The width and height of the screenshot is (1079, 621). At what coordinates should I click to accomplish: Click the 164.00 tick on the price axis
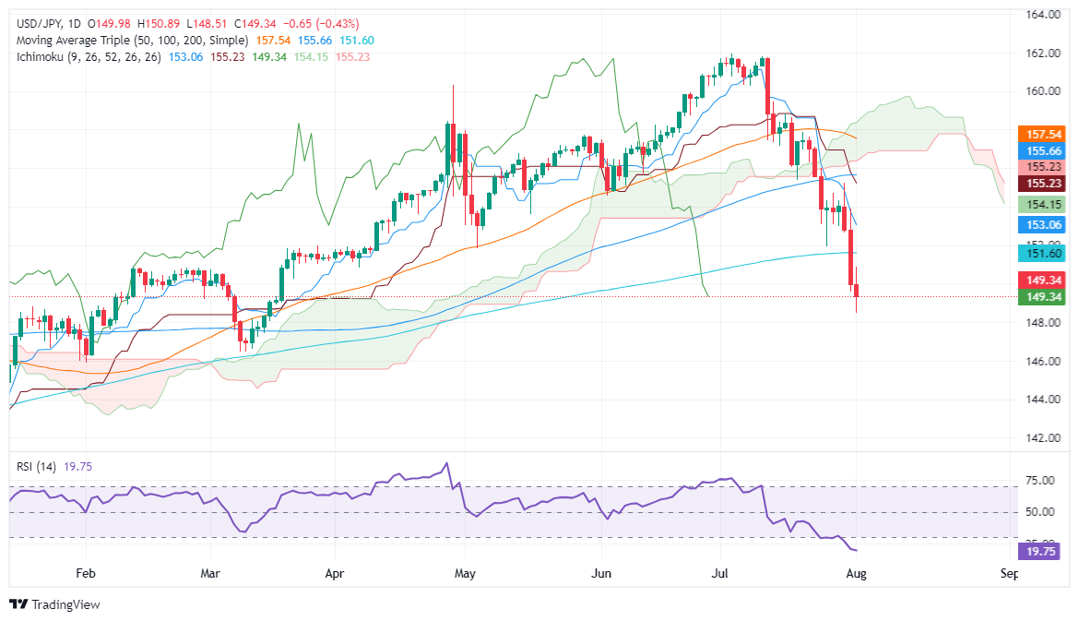pyautogui.click(x=1039, y=15)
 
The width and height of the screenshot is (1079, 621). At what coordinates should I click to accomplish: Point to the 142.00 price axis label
pyautogui.click(x=1039, y=438)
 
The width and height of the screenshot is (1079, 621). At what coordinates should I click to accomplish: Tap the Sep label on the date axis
pyautogui.click(x=1008, y=573)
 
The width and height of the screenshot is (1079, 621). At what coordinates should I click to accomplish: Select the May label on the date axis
pyautogui.click(x=465, y=573)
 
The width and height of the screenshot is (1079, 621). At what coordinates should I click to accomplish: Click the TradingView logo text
pyautogui.click(x=65, y=604)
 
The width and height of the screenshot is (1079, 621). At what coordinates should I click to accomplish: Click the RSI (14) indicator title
pyautogui.click(x=35, y=466)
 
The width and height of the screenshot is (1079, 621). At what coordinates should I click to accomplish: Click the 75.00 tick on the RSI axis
pyautogui.click(x=1039, y=481)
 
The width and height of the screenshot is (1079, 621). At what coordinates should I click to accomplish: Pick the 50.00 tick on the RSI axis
pyautogui.click(x=1039, y=512)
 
